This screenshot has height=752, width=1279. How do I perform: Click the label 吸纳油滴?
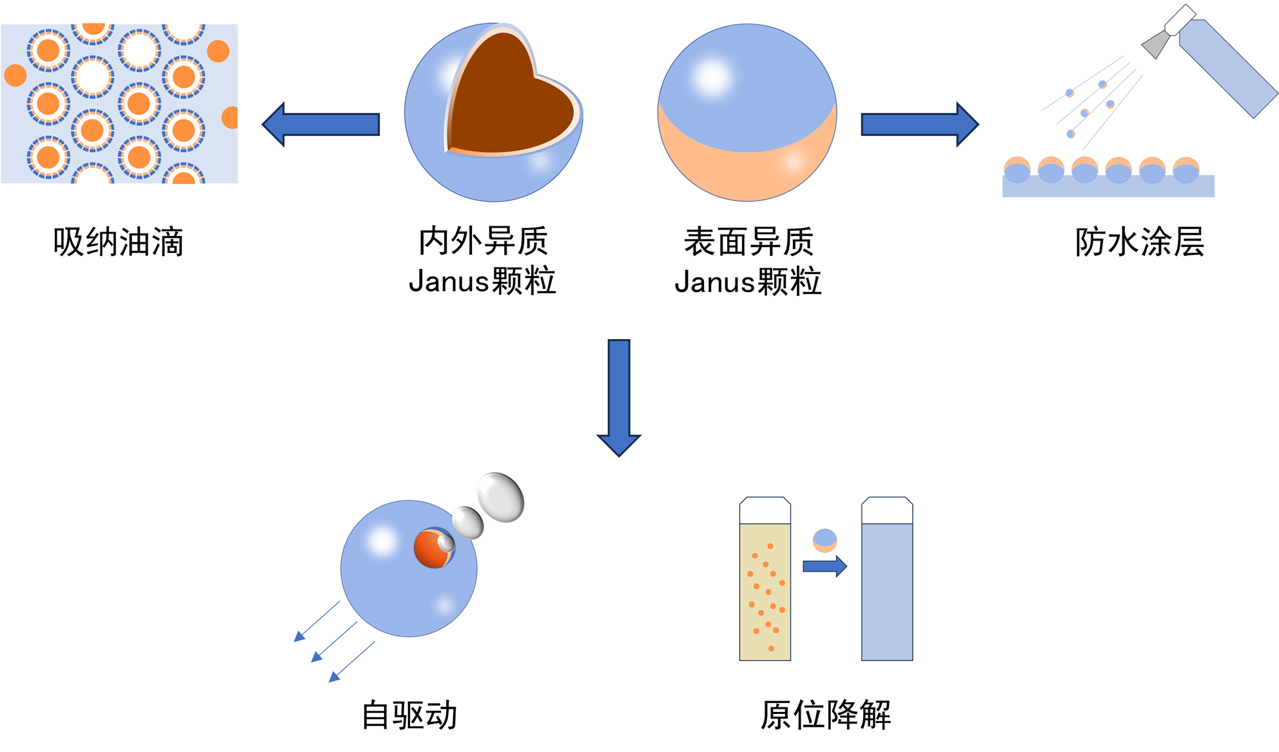(x=119, y=242)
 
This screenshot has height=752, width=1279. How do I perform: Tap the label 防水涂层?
(x=1139, y=242)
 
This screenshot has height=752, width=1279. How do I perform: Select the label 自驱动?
(x=409, y=715)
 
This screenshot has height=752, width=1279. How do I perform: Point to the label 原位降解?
(x=826, y=715)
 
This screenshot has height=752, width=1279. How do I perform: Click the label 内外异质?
(x=483, y=241)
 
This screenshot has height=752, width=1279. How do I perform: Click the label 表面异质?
(x=748, y=242)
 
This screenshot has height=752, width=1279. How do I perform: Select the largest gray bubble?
(x=501, y=497)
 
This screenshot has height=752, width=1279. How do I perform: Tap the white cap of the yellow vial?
(x=765, y=510)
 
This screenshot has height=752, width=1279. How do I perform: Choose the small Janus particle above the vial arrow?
(x=825, y=540)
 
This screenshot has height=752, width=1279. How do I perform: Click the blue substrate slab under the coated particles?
(x=1108, y=188)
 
